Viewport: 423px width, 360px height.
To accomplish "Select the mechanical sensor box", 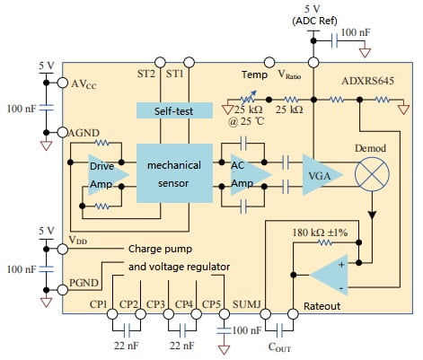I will pyautogui.click(x=173, y=172).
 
